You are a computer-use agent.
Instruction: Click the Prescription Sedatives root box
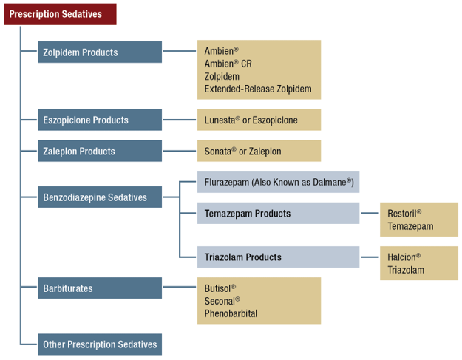coord(60,14)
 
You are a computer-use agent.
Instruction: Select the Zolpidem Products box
coord(100,52)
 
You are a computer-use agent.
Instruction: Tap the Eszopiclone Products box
coord(100,120)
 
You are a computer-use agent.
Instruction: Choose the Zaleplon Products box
coord(100,152)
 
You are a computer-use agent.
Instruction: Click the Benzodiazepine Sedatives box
coord(100,197)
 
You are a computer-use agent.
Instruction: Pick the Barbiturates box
coord(100,288)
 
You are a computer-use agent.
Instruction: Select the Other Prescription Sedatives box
coord(100,344)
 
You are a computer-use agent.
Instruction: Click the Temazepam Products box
coord(278,214)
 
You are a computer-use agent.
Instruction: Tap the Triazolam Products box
coord(278,257)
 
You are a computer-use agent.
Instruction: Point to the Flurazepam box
coord(278,182)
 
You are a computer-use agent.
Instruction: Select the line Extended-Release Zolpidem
coord(257,89)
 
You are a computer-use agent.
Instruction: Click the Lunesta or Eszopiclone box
coord(258,120)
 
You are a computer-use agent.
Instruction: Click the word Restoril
coord(404,214)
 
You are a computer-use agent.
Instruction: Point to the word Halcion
coord(403,257)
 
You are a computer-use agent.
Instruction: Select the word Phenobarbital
coord(231,313)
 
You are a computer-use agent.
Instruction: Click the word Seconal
coord(221,301)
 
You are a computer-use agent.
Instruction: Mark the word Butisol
coord(219,288)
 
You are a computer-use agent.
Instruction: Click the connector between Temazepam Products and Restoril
coord(370,214)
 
